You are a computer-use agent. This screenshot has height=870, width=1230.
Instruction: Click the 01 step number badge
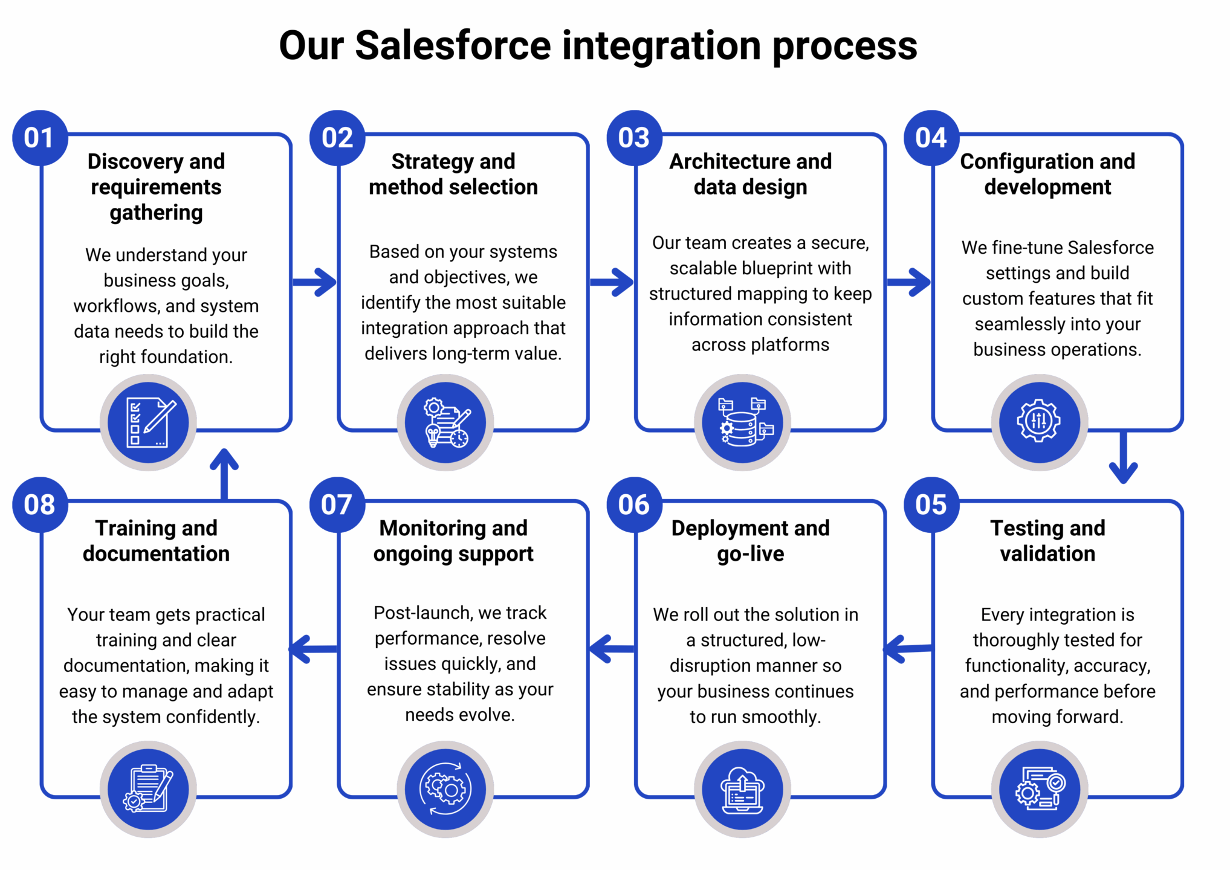[40, 138]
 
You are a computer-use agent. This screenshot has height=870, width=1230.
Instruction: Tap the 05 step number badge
[931, 504]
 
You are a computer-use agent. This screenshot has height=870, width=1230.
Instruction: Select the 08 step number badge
[40, 504]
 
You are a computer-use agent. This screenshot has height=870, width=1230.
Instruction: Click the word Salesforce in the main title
[453, 45]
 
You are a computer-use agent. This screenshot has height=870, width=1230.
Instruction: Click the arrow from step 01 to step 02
[314, 282]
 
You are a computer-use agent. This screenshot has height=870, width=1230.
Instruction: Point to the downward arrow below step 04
[1123, 457]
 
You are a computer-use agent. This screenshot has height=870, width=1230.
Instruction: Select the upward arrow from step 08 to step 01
[224, 474]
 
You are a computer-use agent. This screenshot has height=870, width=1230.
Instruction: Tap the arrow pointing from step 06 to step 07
[612, 649]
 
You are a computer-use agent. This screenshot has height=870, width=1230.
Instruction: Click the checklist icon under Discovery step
[148, 422]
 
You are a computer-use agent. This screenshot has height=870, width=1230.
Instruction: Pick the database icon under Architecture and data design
[742, 422]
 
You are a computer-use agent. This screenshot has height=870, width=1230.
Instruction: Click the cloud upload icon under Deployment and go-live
[742, 789]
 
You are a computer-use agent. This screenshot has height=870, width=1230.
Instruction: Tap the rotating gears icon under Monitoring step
[445, 789]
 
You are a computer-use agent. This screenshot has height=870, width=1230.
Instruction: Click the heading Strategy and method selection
[453, 174]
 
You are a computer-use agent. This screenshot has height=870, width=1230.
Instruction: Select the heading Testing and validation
[1047, 541]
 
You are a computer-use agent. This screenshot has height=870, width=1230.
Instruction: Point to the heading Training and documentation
[156, 541]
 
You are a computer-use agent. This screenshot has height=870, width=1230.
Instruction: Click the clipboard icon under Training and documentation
[148, 789]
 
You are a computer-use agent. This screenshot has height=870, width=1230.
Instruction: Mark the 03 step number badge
[634, 138]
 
